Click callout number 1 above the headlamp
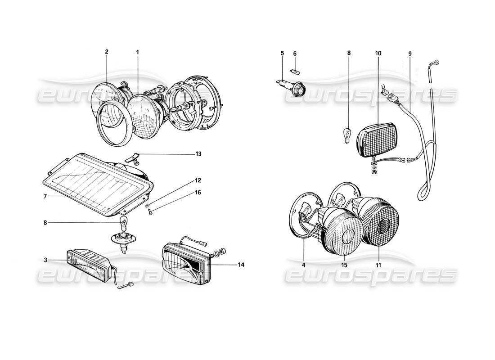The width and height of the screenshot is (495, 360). (x=138, y=52)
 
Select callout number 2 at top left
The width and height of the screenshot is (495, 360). (x=107, y=52)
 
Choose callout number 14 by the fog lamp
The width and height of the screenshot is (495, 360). (x=241, y=265)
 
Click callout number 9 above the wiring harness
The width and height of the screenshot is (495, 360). (x=410, y=54)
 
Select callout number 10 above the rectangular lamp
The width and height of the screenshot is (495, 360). (x=378, y=54)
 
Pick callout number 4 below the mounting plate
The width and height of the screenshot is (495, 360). (x=304, y=265)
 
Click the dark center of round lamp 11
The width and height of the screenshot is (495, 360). (x=385, y=229)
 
